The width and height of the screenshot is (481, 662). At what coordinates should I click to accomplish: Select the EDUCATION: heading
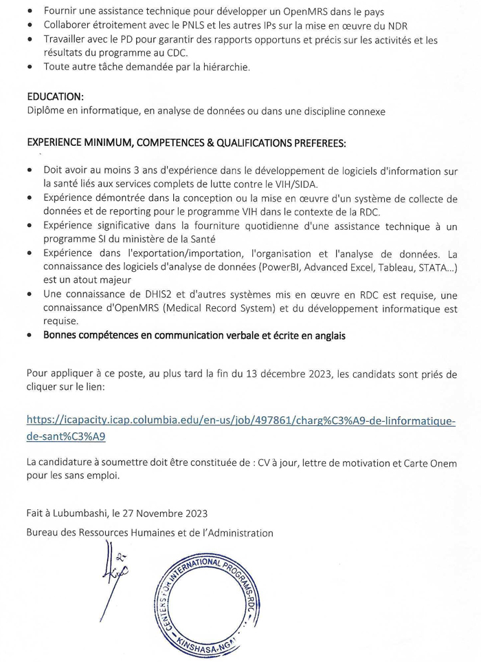coord(55,96)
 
